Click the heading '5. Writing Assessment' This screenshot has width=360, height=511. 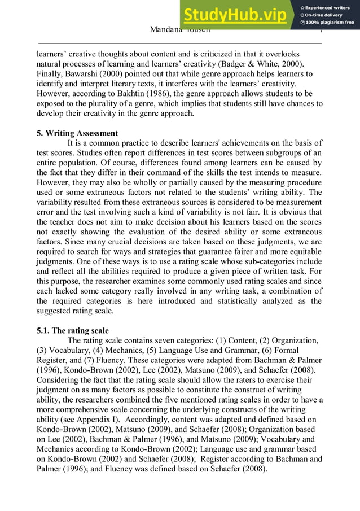(77, 133)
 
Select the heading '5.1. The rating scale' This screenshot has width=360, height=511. (72, 330)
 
